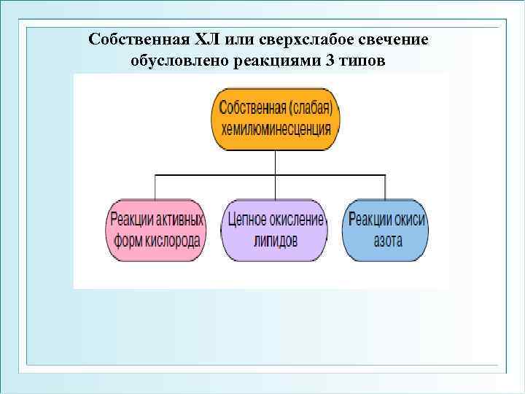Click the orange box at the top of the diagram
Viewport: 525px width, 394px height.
pyautogui.click(x=276, y=120)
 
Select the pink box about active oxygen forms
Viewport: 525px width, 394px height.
pyautogui.click(x=157, y=229)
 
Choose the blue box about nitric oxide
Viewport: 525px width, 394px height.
pyautogui.click(x=387, y=229)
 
